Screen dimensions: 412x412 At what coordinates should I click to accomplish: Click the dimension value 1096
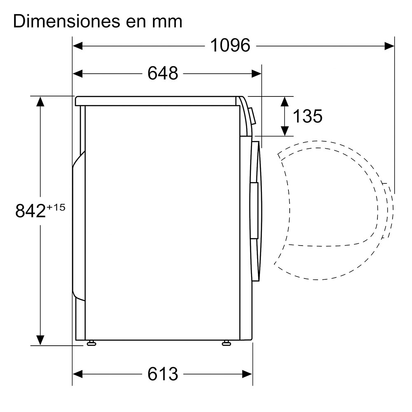[x=230, y=45]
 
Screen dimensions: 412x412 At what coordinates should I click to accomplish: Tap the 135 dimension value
[x=307, y=116]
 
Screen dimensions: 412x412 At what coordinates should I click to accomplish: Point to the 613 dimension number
[x=163, y=374]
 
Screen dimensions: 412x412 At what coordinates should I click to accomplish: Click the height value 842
[x=30, y=211]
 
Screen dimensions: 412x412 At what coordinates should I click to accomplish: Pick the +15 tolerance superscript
[x=56, y=207]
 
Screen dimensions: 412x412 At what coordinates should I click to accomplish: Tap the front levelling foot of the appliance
[x=226, y=343]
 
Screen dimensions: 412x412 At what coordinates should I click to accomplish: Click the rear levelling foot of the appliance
[x=91, y=343]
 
